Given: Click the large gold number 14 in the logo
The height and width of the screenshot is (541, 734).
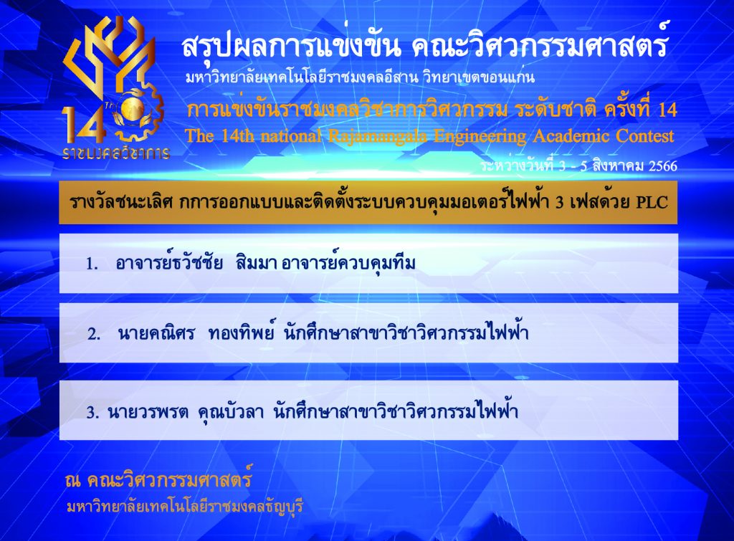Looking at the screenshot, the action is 83,125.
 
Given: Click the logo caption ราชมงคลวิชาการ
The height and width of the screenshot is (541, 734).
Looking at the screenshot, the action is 115,153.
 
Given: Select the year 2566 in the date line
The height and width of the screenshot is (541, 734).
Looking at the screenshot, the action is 662,166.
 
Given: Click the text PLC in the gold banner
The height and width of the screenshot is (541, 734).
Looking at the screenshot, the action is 652,201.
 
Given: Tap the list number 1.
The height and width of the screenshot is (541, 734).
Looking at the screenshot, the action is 91,264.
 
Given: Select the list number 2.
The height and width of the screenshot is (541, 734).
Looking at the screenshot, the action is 94,334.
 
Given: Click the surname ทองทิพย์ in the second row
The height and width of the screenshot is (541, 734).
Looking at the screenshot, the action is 242,332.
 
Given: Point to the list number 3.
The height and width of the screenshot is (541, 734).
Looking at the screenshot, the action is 92,412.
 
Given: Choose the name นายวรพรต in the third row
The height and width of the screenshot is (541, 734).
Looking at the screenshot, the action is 148,412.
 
